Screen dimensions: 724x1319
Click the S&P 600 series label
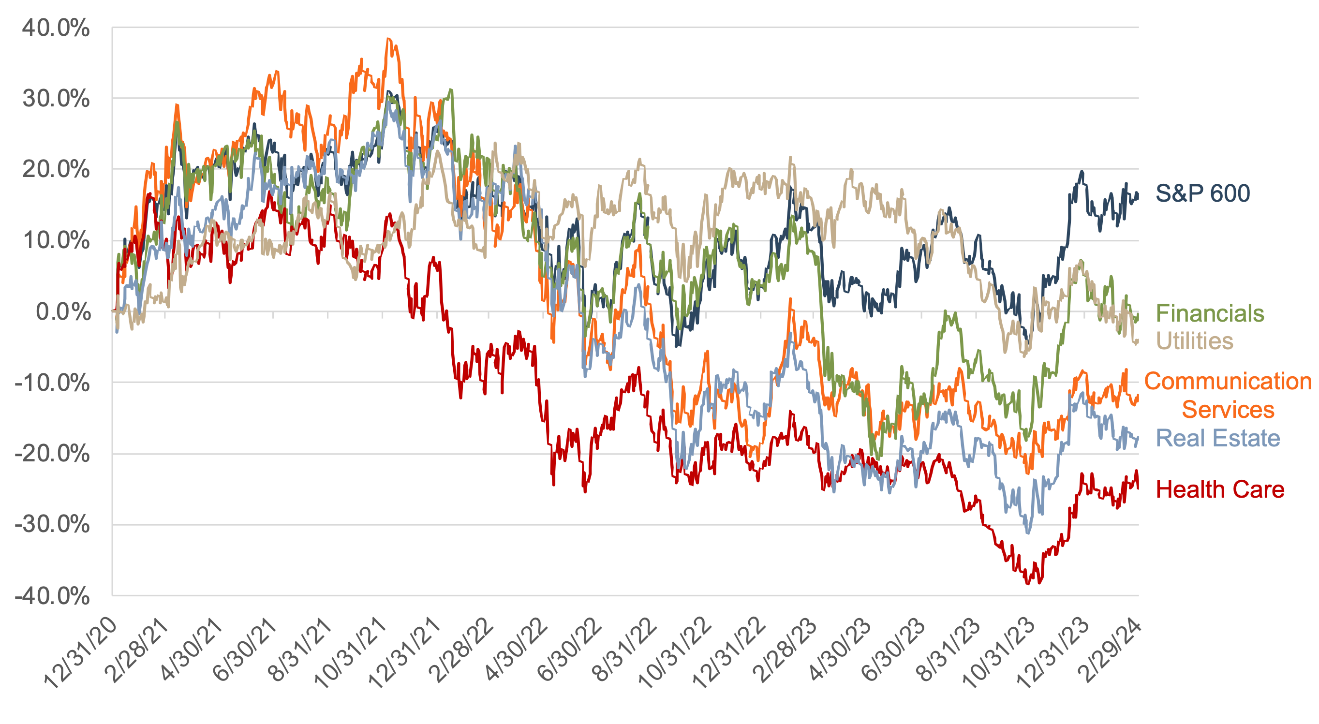(x=1202, y=193)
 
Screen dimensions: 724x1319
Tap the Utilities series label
(x=1195, y=341)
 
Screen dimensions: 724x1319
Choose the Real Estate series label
(x=1217, y=438)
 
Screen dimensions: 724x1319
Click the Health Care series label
(x=1220, y=489)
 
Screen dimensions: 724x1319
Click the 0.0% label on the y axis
(x=62, y=311)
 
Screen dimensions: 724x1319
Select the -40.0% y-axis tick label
(x=52, y=596)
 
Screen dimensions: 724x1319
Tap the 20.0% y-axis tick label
(x=55, y=169)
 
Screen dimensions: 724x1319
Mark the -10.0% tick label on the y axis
(x=52, y=383)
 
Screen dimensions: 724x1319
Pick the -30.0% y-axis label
(x=52, y=525)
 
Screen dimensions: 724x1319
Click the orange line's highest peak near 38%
(x=388, y=38)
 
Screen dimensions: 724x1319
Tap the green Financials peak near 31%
(x=451, y=89)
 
